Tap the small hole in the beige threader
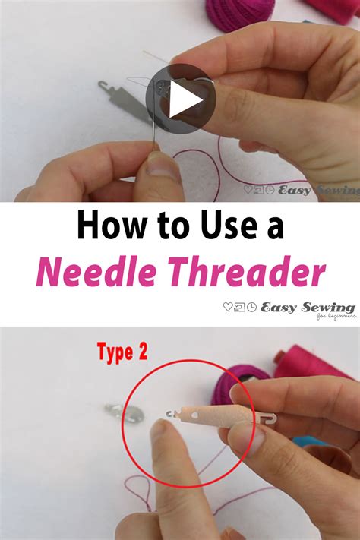pyautogui.click(x=196, y=415)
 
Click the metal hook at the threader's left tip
pyautogui.click(x=169, y=413)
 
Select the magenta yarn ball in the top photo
pyautogui.click(x=239, y=14)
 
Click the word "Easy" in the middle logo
pyautogui.click(x=279, y=307)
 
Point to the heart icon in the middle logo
pyautogui.click(x=229, y=308)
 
